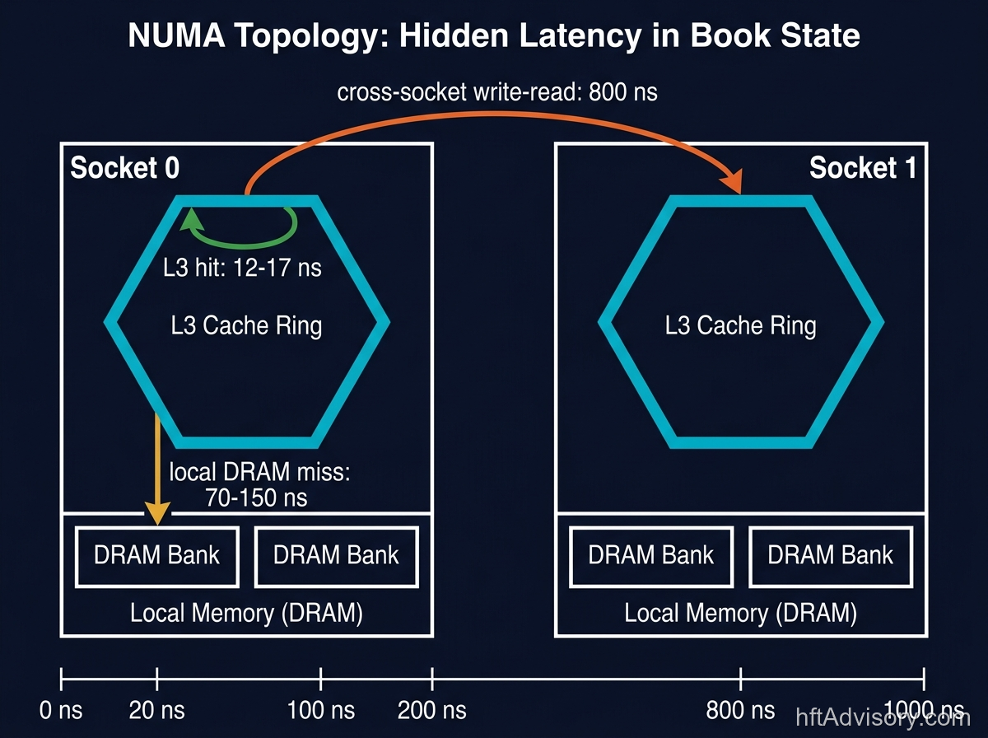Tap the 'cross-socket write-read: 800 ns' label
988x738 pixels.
497,91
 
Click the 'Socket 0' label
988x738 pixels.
124,168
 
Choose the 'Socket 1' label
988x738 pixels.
862,168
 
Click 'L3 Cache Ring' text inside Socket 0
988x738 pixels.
246,325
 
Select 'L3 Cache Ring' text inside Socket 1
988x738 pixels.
740,325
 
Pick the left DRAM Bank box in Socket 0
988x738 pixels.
156,556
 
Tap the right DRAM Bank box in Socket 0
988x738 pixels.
336,556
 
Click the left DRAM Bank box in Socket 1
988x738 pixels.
650,556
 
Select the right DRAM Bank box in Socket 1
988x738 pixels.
830,556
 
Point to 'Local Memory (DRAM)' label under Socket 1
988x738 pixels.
740,613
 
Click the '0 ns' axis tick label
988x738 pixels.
61,709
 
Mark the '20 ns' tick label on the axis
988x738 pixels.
156,709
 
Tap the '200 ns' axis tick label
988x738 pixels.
431,709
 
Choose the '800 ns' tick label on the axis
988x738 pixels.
740,709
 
